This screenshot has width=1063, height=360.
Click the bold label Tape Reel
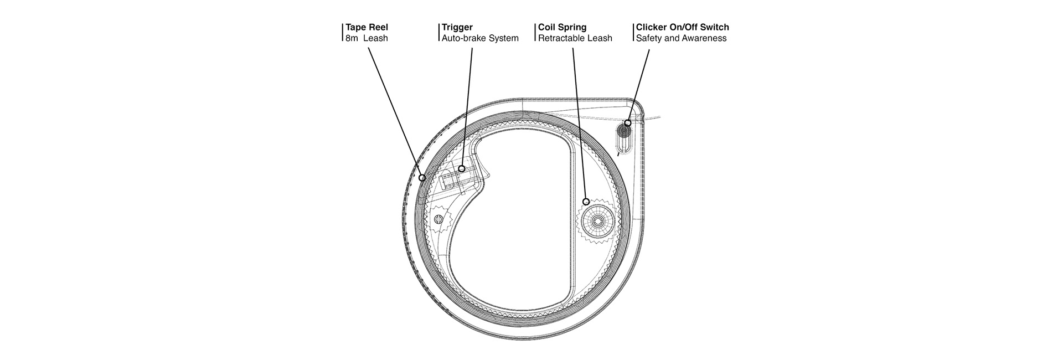click(367, 27)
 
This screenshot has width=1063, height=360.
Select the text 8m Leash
click(366, 38)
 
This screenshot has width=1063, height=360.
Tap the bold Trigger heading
click(457, 27)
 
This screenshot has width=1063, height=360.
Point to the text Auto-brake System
click(479, 38)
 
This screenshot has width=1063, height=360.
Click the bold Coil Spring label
click(562, 27)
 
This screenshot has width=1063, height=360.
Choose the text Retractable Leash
click(575, 38)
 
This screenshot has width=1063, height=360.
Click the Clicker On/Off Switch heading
click(682, 27)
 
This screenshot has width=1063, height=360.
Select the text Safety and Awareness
click(681, 38)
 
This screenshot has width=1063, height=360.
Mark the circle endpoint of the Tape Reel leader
click(422, 178)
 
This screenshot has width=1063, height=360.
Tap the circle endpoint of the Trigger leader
click(461, 168)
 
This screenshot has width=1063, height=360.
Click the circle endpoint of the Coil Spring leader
click(586, 201)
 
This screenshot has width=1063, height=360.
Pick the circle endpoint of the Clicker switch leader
click(627, 123)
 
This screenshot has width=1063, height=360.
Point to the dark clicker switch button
click(624, 132)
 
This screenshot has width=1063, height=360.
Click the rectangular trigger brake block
click(453, 180)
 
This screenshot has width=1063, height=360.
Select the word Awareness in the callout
click(705, 38)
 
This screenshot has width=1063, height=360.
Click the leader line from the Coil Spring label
click(579, 122)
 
